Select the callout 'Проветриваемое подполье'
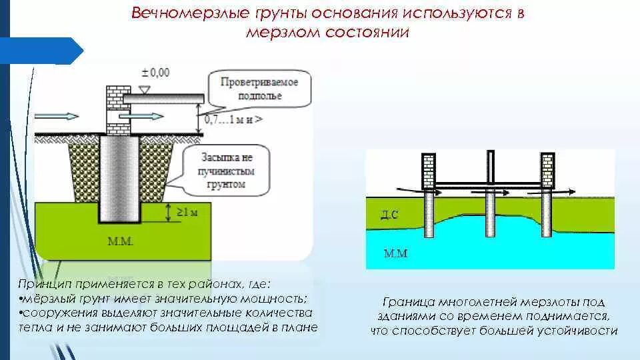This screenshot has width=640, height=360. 259,89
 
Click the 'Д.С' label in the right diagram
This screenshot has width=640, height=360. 390,215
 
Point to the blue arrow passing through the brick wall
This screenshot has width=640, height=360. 140,116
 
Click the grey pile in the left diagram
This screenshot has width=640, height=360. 120,180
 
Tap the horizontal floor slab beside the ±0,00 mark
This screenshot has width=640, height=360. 163,99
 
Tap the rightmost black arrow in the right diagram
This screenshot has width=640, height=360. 563,191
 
